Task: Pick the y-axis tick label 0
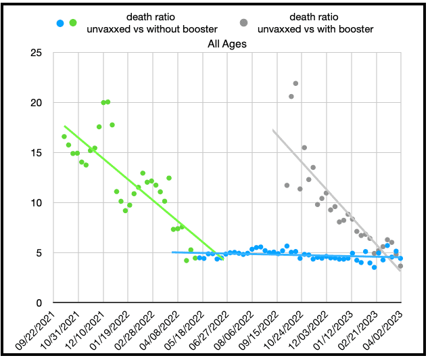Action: point(42,303)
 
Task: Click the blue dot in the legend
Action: point(60,23)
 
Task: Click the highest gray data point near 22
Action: point(295,83)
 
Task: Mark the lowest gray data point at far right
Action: point(400,266)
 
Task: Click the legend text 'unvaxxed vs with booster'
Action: point(324,29)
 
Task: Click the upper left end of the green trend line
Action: point(65,126)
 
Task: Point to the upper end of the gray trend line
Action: point(274,131)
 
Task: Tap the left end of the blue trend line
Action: point(173,252)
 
